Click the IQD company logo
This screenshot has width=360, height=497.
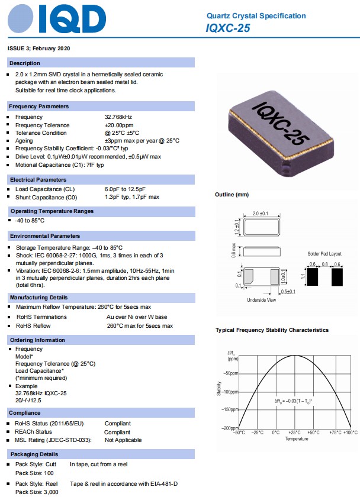[x=56, y=20]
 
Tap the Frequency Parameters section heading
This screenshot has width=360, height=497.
[x=39, y=106]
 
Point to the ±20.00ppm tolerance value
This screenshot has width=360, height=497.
[x=120, y=125]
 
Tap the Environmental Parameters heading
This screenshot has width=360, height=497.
[x=45, y=235]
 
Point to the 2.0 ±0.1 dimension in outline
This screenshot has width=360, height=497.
[x=261, y=213]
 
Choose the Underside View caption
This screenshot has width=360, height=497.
[x=261, y=301]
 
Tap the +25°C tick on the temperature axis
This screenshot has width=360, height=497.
[x=294, y=433]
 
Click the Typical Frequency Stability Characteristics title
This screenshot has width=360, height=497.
[x=272, y=330]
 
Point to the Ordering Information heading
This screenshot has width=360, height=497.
[x=37, y=340]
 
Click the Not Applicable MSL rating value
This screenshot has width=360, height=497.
[x=123, y=440]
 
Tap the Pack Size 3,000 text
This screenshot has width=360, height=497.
[x=36, y=492]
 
